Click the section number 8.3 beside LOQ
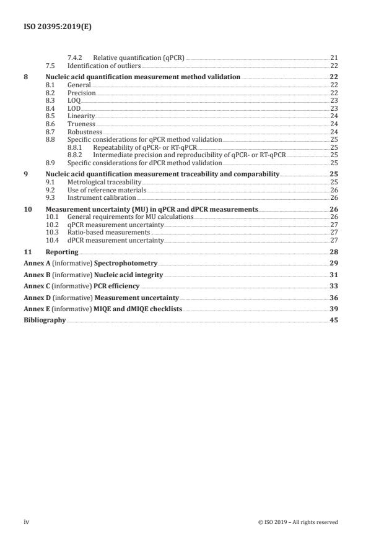coord(51,100)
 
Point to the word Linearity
coord(81,116)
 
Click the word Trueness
coord(81,124)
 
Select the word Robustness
coord(84,132)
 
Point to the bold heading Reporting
coord(62,252)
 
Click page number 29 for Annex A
coord(334,264)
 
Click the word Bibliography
coord(44,320)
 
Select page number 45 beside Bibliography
coord(334,320)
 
